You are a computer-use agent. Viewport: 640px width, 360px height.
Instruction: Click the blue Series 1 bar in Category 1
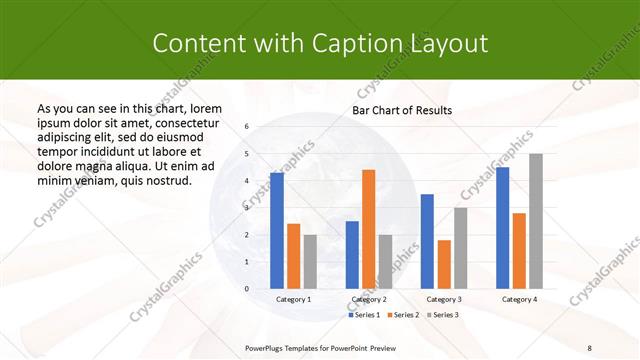click(277, 231)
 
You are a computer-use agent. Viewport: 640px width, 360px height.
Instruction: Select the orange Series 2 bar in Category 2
click(368, 229)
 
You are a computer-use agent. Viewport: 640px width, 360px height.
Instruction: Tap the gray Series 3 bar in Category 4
click(536, 221)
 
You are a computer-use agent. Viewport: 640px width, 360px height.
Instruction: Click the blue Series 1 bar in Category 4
click(502, 228)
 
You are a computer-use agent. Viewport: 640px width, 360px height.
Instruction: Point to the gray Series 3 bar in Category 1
click(310, 262)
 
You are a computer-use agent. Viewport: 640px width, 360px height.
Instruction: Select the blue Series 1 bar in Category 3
click(427, 241)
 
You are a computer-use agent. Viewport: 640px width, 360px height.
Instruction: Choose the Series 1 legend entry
click(364, 315)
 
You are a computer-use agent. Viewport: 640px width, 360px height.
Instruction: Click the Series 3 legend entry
click(444, 315)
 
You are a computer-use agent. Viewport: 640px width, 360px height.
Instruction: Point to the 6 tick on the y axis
click(247, 127)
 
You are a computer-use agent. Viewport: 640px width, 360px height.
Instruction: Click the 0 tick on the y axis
click(247, 289)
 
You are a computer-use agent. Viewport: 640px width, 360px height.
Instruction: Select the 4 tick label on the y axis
click(247, 181)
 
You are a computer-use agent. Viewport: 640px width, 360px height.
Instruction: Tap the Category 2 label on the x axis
click(369, 299)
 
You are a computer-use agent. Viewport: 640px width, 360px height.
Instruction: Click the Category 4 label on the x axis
click(519, 299)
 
